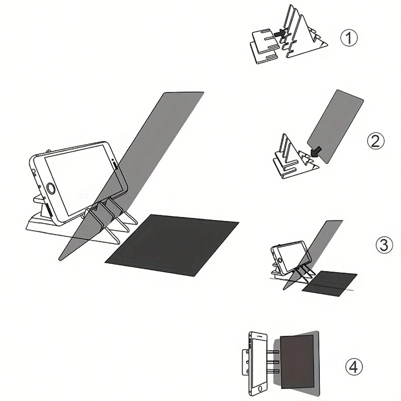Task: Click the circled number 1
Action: pos(349,38)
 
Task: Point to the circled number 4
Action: pos(354,368)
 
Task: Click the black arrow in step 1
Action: pos(280,33)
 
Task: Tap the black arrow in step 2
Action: pos(316,151)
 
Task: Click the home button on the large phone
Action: pos(52,189)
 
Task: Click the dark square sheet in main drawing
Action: pos(172,244)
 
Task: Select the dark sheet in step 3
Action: pos(330,282)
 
